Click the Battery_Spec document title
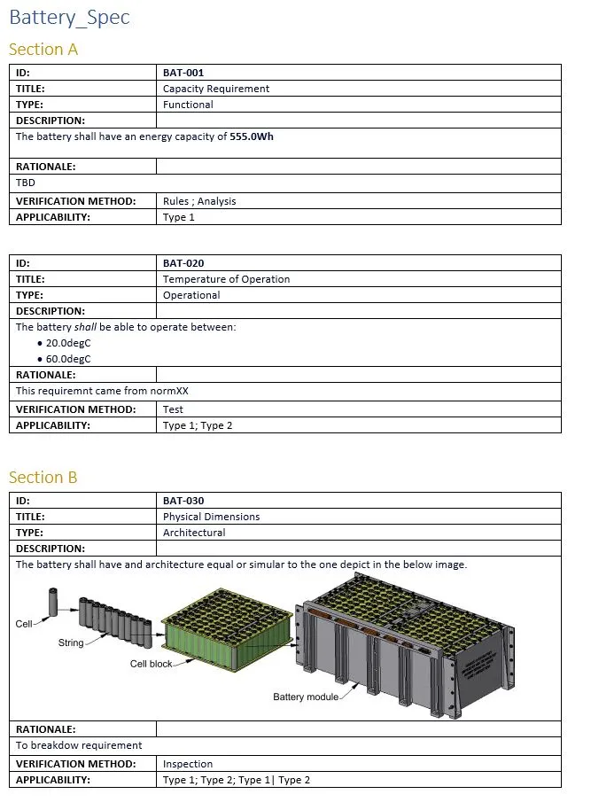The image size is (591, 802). [69, 18]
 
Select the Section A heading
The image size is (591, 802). [43, 50]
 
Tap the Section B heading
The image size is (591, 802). [43, 478]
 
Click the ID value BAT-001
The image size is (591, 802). [183, 73]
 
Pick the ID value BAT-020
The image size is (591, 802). [183, 263]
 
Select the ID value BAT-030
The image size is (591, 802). [183, 501]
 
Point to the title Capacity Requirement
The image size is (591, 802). [216, 89]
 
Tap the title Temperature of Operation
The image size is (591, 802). [226, 279]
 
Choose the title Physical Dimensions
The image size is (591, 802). [211, 517]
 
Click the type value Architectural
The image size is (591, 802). [194, 533]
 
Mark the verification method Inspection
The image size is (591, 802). [188, 764]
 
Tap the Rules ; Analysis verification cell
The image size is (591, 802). [199, 201]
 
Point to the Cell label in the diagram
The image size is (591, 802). [24, 624]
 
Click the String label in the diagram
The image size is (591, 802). [71, 642]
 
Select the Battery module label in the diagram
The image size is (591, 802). [306, 697]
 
